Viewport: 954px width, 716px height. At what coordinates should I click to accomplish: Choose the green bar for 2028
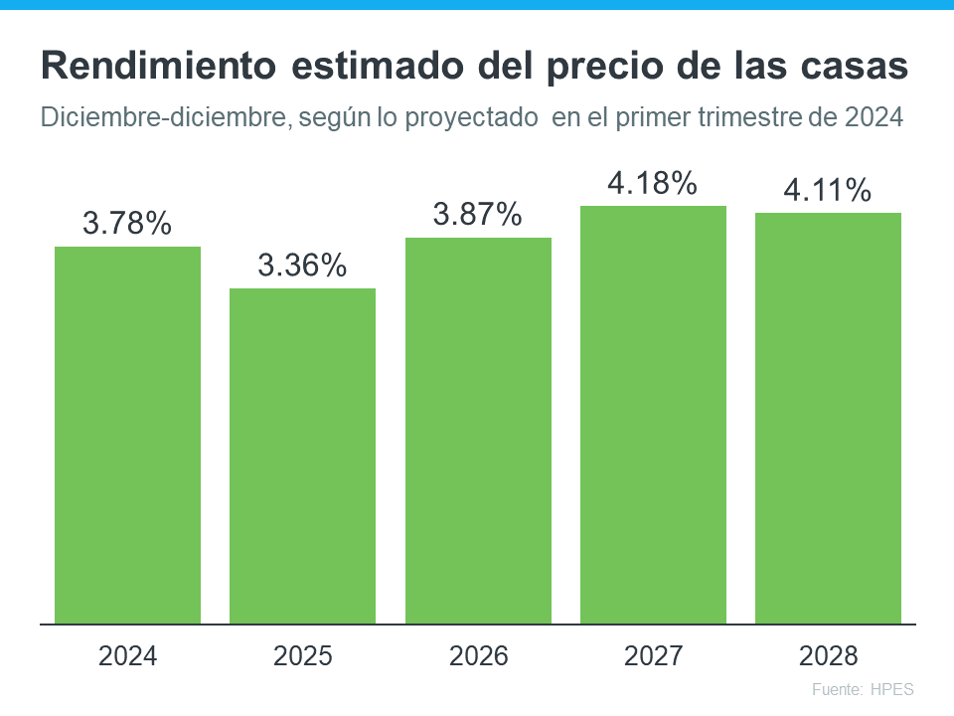[x=828, y=418]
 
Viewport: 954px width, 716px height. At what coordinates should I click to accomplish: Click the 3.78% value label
[x=127, y=224]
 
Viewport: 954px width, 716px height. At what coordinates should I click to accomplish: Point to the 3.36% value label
[x=302, y=266]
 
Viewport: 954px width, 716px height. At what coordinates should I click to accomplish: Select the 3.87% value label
[x=478, y=215]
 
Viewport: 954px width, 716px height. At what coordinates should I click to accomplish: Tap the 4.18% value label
[x=653, y=183]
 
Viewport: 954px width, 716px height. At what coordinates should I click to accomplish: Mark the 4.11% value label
[x=828, y=190]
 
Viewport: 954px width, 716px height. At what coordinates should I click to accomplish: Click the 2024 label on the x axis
[x=127, y=656]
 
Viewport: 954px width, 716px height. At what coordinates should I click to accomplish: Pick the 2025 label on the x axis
[x=302, y=656]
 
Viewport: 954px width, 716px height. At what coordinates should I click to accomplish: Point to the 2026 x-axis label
[x=478, y=656]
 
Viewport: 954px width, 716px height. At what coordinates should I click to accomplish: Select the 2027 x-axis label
[x=653, y=656]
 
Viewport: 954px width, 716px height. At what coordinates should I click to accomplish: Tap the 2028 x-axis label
[x=828, y=656]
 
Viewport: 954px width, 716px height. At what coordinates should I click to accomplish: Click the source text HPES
[x=891, y=689]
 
